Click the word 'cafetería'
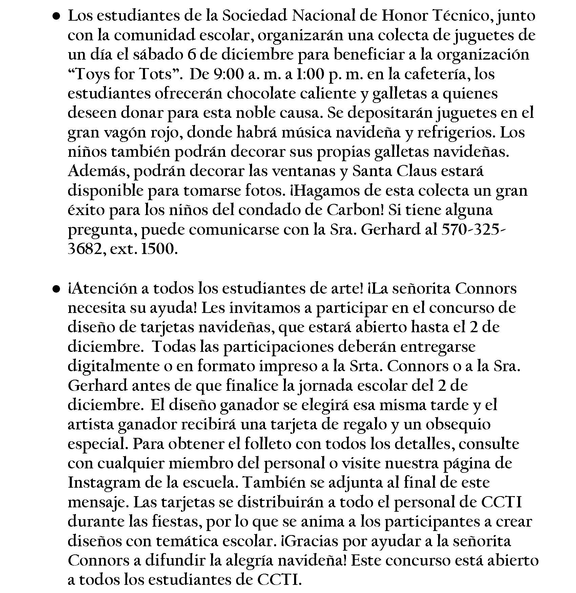[x=433, y=75]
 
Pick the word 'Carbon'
[x=355, y=210]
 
